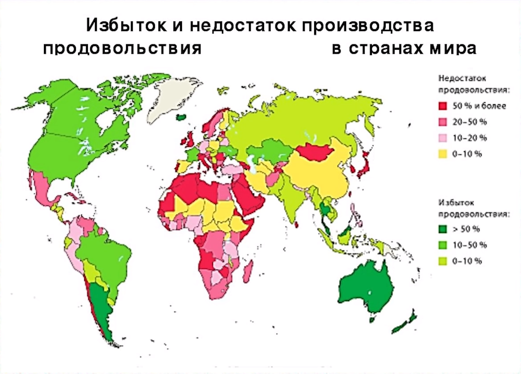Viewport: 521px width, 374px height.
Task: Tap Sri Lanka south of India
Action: click(297, 225)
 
